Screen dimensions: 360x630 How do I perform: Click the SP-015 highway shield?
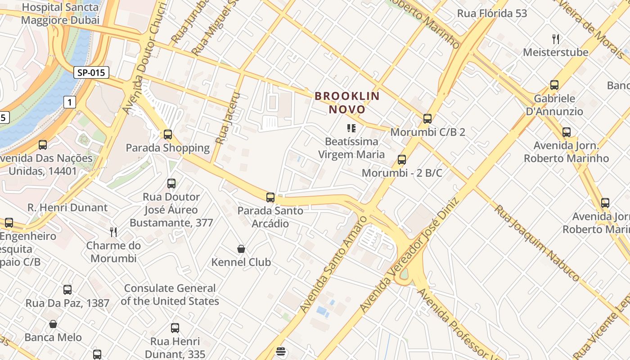pos(92,72)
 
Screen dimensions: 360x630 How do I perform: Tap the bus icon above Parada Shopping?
pos(168,134)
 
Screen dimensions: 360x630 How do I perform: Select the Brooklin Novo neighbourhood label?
pos(347,103)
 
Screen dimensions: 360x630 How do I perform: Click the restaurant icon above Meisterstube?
pos(556,39)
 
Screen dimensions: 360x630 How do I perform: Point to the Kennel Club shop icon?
pos(241,249)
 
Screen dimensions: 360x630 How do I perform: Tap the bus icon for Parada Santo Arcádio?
pos(270,197)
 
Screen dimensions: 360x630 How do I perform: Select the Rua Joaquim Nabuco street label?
pos(537,243)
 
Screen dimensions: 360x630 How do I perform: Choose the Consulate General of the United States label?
pos(170,295)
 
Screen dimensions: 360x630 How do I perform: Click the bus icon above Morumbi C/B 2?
pos(427,119)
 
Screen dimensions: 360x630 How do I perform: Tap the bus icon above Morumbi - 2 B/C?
pos(402,160)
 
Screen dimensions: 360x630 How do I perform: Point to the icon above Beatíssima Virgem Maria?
pos(351,128)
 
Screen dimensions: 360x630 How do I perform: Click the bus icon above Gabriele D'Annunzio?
pos(554,85)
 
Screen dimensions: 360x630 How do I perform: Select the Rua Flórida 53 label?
pos(492,13)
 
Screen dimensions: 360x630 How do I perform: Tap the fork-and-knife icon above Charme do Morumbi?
pos(113,232)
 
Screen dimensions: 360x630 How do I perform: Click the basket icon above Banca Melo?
pos(53,324)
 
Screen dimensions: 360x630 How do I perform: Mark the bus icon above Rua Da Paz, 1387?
pos(67,290)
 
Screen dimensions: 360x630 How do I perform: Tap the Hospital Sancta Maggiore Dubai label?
pos(60,13)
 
